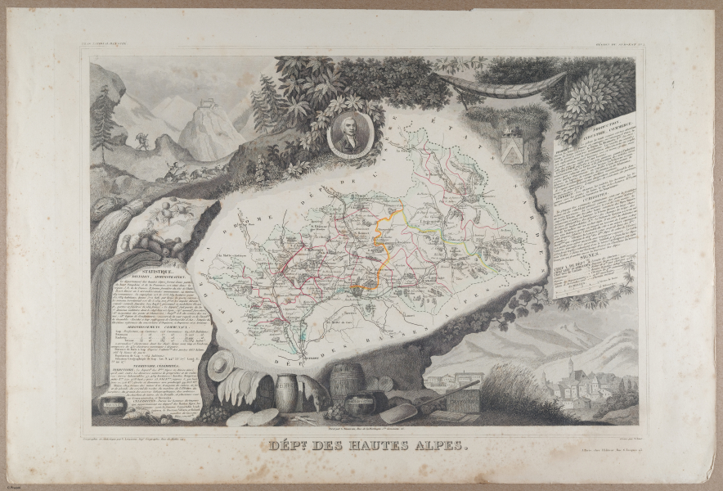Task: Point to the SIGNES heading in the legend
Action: (x=593, y=255)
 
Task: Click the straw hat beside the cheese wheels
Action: (x=220, y=365)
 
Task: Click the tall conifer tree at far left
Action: (x=103, y=123)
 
